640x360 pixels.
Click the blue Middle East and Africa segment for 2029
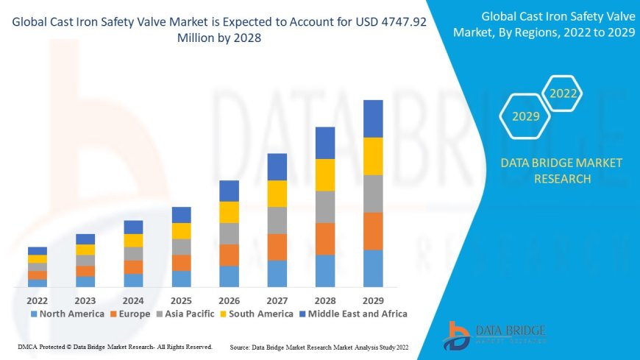tap(373, 119)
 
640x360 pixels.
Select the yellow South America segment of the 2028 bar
tap(325, 174)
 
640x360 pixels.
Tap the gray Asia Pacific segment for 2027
tap(277, 220)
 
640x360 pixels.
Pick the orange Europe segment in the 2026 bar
tap(229, 255)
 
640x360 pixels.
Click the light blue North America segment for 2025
tap(181, 278)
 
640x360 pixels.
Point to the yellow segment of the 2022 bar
tap(38, 259)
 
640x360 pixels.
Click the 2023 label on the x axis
tap(85, 300)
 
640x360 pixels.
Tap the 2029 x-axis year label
tap(373, 300)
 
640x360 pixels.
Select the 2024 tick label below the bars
tap(133, 300)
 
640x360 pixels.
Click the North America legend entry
tap(67, 314)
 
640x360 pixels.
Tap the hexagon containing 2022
tap(563, 93)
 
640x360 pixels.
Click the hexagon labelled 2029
tap(526, 116)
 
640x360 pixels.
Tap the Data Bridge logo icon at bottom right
tap(458, 336)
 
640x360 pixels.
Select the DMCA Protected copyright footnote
tap(115, 346)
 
